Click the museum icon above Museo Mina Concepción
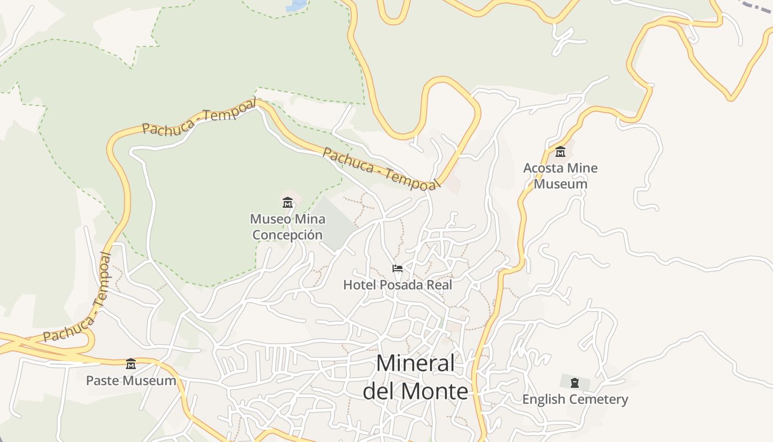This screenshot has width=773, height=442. (x=287, y=202)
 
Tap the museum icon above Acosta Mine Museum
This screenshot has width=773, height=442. (x=560, y=151)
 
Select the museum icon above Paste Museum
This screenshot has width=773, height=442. (x=131, y=364)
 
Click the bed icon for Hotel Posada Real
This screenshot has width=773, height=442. (x=397, y=269)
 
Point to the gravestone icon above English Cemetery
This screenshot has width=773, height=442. (x=575, y=382)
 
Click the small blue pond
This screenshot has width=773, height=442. (x=297, y=5)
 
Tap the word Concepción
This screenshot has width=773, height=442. (x=287, y=235)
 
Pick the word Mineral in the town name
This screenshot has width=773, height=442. (x=416, y=364)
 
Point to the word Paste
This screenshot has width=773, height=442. (x=103, y=381)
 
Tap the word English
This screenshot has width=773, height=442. (x=544, y=399)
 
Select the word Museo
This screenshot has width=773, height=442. (x=271, y=219)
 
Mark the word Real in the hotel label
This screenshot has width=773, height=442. (x=439, y=285)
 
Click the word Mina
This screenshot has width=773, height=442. (x=310, y=219)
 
